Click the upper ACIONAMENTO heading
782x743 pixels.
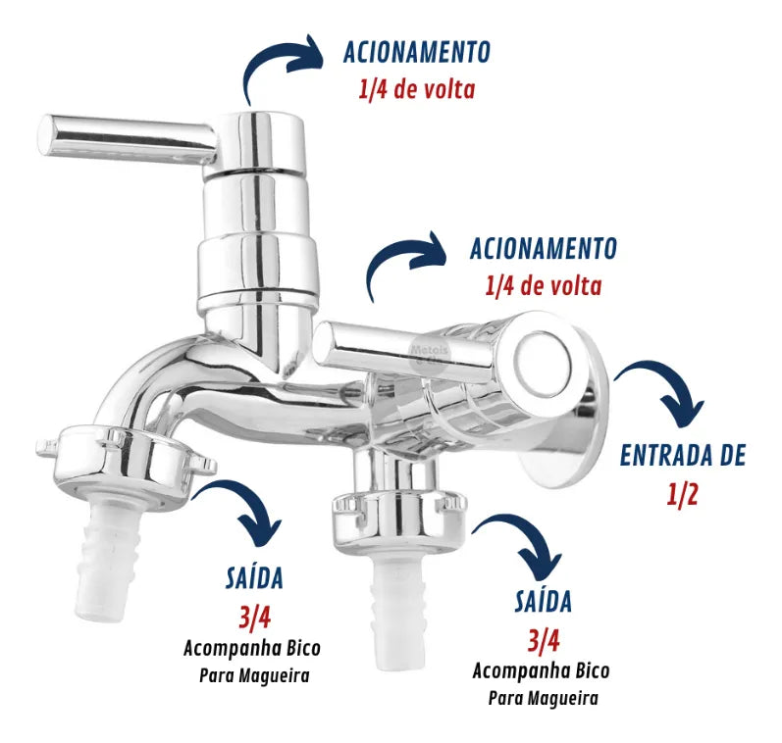coord(417,52)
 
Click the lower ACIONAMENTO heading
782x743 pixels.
coord(544,248)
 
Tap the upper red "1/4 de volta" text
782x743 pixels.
coord(417,90)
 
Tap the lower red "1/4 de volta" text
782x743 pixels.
coord(544,286)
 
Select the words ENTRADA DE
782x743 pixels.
coord(683,455)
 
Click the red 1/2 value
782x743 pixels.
coord(682,494)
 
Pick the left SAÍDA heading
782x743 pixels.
coord(254,578)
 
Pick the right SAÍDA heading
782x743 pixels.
coord(544,601)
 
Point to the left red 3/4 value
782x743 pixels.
coord(254,618)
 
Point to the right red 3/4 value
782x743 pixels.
coord(544,641)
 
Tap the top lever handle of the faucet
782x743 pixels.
coord(128,137)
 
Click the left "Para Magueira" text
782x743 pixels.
coord(254,675)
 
